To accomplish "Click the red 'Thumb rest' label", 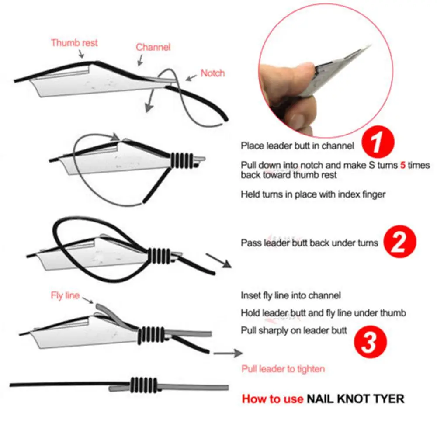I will [74, 43].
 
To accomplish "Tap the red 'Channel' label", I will [153, 47].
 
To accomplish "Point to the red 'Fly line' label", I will [64, 296].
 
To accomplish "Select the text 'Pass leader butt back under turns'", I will [309, 243].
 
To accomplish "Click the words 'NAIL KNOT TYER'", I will [355, 399].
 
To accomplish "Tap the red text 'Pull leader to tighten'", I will [283, 369].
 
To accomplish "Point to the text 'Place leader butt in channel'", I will [298, 146].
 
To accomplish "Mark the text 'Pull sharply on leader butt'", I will [294, 330].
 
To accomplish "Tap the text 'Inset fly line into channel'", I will [291, 296].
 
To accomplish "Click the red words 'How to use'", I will [272, 399].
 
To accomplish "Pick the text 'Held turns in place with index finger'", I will [313, 194].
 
